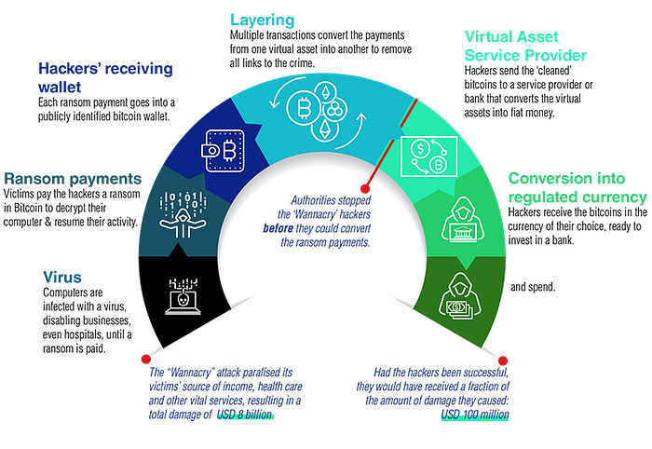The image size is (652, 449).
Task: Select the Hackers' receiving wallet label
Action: coord(107,77)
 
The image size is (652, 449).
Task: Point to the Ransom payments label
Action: coord(72,176)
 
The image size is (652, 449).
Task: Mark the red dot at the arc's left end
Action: coord(144,357)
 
